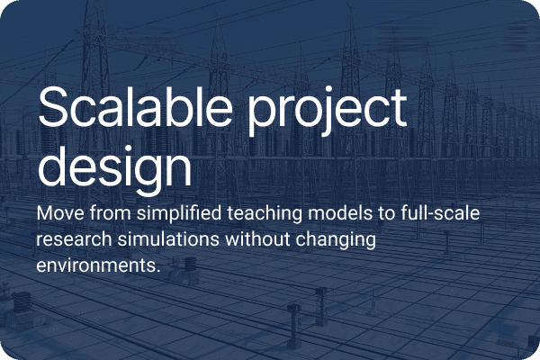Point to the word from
point(113,217)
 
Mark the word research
point(71,241)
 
